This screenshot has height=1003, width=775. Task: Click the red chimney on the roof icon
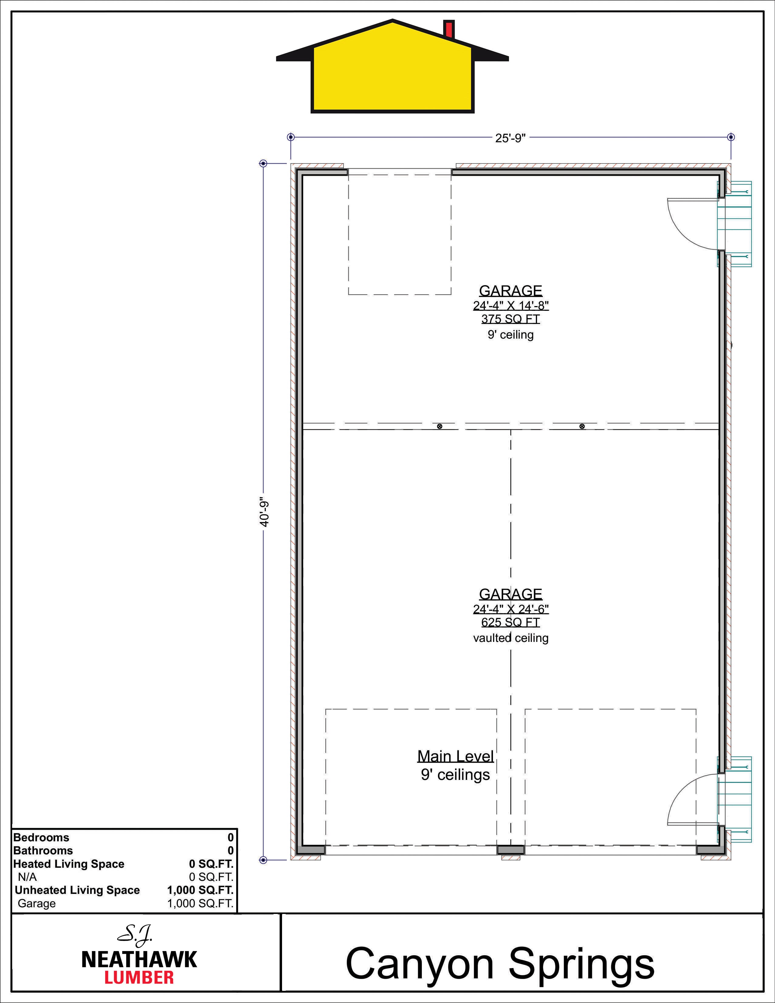449,29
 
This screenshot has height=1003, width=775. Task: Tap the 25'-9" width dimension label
510,138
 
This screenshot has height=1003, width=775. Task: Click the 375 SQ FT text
511,319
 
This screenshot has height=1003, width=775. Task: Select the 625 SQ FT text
511,622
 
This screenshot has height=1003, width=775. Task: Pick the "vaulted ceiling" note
511,638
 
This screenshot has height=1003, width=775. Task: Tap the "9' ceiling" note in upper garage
511,335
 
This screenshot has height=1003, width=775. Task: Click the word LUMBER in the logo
139,977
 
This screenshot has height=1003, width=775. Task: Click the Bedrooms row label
41,837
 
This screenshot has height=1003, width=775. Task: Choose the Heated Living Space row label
69,864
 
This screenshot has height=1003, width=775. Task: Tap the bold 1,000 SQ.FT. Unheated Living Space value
200,890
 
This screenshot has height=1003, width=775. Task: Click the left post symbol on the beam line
439,426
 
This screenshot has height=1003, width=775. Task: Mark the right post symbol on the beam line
582,426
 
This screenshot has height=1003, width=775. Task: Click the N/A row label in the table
28,877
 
